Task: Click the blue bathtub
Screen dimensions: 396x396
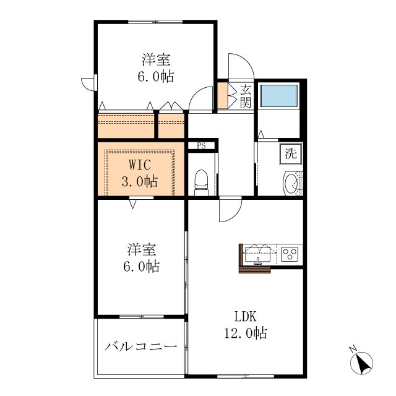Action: (x=279, y=96)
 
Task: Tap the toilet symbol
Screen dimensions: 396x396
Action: (x=201, y=183)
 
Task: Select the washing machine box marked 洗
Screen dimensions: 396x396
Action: (x=291, y=154)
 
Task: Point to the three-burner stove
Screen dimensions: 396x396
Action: (x=290, y=254)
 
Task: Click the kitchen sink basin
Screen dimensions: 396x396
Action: (x=257, y=254)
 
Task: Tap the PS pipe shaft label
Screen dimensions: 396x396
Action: (x=201, y=146)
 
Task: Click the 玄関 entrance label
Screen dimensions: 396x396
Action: (x=246, y=97)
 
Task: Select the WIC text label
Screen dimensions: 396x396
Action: (x=140, y=165)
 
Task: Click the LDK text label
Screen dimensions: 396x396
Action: (x=246, y=316)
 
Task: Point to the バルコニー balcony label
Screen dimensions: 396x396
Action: (x=140, y=346)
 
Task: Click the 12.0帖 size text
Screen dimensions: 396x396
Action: (x=246, y=333)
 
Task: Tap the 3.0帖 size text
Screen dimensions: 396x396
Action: (x=140, y=181)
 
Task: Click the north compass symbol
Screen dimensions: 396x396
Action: (x=361, y=363)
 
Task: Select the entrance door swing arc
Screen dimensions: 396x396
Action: (x=246, y=59)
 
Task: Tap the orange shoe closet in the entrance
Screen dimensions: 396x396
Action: (x=223, y=96)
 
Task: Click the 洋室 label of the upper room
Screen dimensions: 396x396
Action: (x=156, y=60)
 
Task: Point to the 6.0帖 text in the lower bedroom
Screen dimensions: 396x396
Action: (x=142, y=267)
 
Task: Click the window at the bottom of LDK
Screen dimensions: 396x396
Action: (x=246, y=376)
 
